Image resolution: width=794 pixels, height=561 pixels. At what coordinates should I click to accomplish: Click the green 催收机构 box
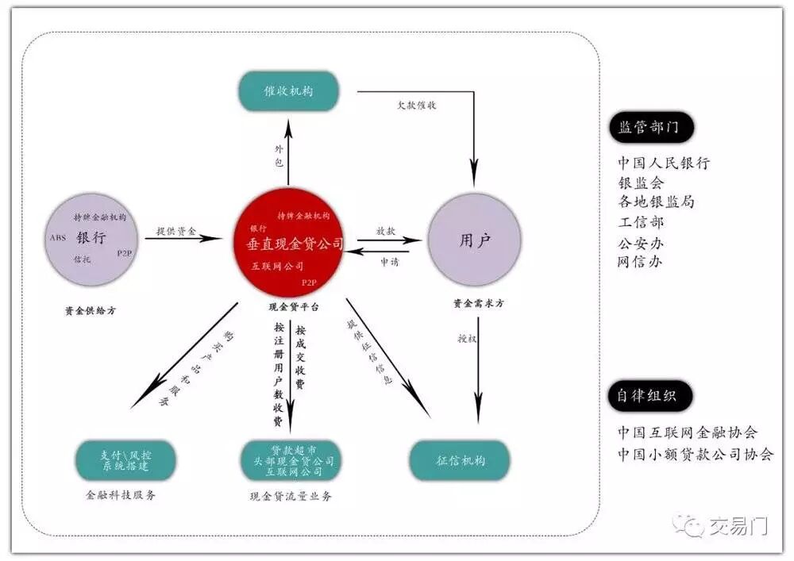click(x=288, y=90)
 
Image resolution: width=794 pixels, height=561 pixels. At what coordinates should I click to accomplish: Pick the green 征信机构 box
click(x=460, y=460)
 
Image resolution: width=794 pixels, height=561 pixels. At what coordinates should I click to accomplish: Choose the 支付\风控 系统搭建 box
click(x=125, y=461)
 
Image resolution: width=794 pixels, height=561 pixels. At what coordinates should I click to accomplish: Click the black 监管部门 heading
click(x=650, y=128)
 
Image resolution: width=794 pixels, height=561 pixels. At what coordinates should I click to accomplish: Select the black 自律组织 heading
click(x=649, y=395)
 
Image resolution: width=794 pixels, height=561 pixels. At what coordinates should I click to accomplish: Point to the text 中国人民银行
click(x=664, y=163)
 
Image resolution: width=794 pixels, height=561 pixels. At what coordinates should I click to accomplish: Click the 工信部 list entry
click(x=641, y=222)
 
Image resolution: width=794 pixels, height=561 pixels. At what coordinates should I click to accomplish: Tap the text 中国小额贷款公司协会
click(x=696, y=455)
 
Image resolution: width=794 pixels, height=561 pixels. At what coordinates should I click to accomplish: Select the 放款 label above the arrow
click(x=386, y=231)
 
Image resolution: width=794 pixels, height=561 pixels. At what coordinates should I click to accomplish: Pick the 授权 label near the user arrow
click(x=466, y=338)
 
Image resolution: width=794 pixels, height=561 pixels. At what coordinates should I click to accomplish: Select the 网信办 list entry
click(x=640, y=262)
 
